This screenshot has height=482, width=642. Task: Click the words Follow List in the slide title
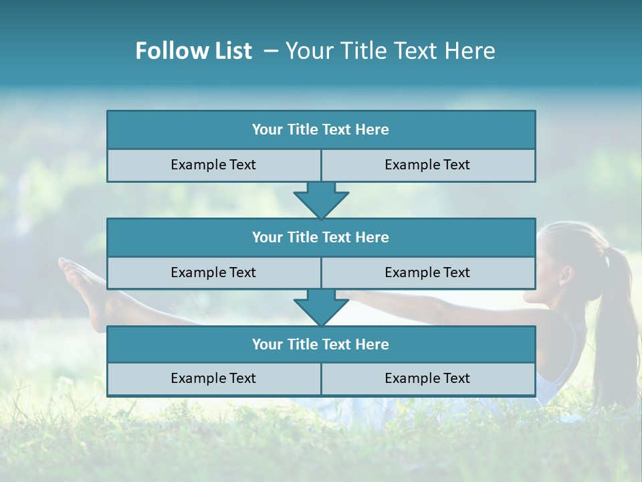click(x=194, y=51)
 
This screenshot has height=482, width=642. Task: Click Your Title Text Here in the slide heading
click(x=390, y=51)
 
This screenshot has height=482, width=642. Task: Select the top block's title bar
click(x=321, y=130)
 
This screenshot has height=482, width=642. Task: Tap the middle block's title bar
click(x=321, y=237)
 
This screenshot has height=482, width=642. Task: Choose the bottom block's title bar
click(x=321, y=344)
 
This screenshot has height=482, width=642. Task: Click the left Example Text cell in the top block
click(x=213, y=165)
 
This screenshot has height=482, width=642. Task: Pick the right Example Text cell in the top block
click(x=427, y=165)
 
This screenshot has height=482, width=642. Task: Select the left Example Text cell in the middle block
click(x=213, y=272)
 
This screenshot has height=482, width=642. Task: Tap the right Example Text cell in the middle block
click(x=427, y=272)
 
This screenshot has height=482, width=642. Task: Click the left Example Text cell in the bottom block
click(x=213, y=378)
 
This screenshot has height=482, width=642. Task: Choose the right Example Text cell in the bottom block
click(x=427, y=378)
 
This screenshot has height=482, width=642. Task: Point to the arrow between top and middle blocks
click(x=321, y=200)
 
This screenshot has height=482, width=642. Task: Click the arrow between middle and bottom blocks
click(x=321, y=307)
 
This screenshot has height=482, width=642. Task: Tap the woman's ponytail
click(x=619, y=315)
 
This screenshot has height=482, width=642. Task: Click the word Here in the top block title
click(x=372, y=130)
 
